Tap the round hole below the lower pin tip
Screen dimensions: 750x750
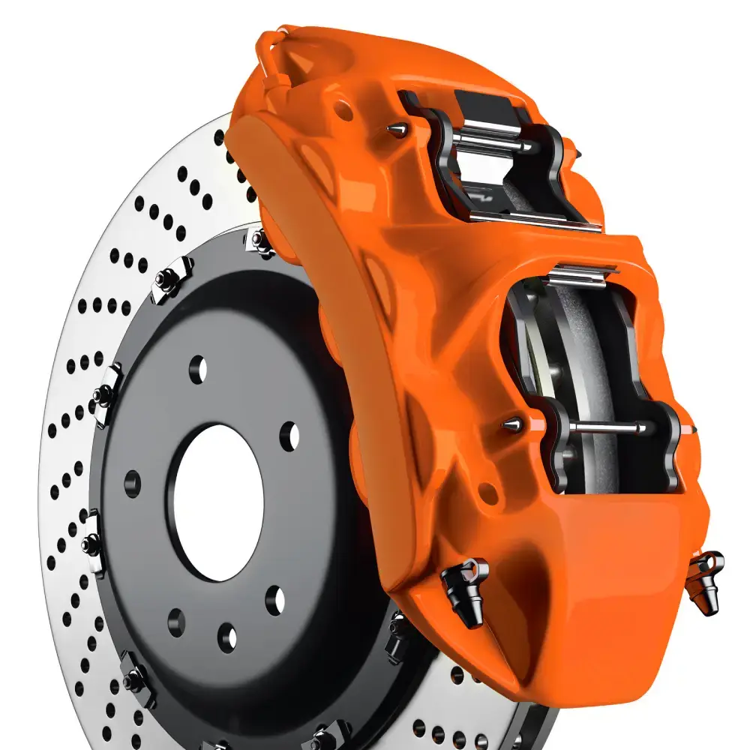click(487, 493)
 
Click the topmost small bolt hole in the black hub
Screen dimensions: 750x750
click(199, 367)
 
